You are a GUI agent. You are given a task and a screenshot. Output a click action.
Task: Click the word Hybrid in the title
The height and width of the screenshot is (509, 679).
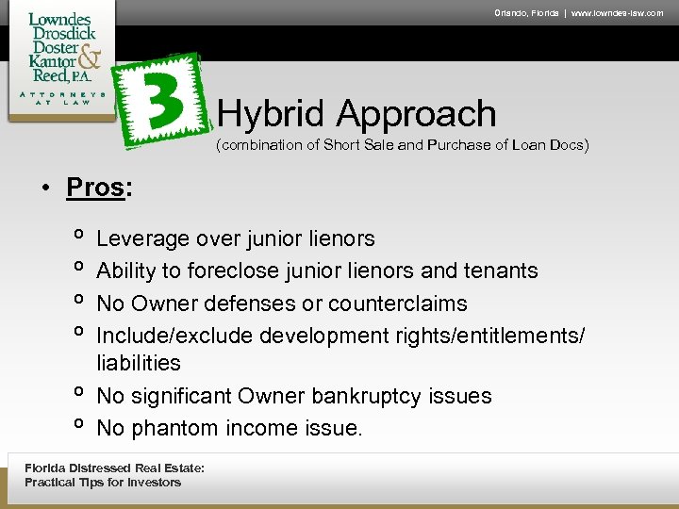(273, 114)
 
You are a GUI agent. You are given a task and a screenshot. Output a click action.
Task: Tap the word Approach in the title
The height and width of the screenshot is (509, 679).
(416, 114)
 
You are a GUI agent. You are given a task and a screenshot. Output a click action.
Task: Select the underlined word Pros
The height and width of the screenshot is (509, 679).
(95, 187)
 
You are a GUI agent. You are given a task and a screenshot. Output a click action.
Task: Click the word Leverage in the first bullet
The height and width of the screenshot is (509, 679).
(141, 239)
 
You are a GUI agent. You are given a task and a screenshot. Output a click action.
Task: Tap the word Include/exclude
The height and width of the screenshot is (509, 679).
(175, 336)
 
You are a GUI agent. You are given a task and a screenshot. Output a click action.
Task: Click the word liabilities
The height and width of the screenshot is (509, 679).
(139, 363)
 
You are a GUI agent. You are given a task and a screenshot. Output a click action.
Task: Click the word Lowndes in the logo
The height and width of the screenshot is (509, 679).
(59, 20)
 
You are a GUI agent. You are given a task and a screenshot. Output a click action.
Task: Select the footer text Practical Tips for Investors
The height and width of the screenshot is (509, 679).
(103, 483)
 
